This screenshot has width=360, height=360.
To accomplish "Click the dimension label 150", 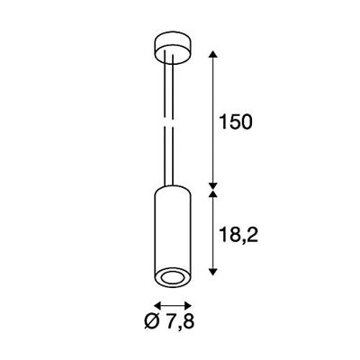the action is point(236,121).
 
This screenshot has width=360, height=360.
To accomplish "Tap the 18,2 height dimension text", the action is point(238,235).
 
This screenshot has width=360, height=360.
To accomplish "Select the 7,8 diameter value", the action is point(180,321).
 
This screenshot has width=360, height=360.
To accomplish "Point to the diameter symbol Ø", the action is point(152,321).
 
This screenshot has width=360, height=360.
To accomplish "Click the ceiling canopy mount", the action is point(173,47).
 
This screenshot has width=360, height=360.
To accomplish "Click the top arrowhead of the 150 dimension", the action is point(212,54).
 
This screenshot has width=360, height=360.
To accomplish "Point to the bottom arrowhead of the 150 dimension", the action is point(212,185).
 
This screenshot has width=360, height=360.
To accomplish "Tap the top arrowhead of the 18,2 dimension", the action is point(212,194).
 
